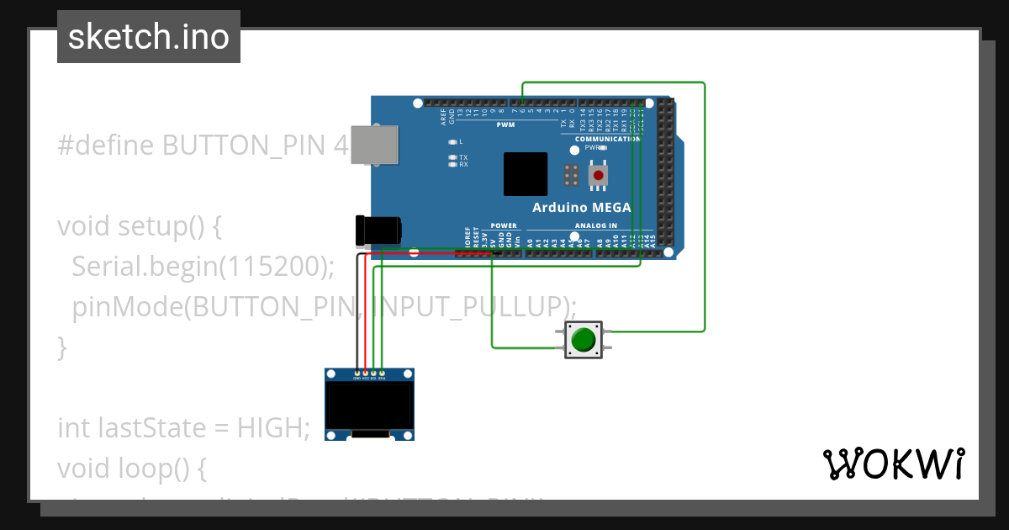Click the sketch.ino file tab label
(148, 37)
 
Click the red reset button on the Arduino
(598, 175)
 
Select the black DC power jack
(378, 231)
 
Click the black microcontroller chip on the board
(526, 174)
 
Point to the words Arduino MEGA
(582, 207)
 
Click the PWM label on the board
(505, 125)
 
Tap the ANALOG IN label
(595, 225)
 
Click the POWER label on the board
(504, 225)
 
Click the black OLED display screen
(369, 406)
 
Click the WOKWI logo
(893, 464)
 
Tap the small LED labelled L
(452, 141)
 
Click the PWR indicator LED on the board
(574, 150)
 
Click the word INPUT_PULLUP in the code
(471, 305)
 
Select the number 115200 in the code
(268, 266)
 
